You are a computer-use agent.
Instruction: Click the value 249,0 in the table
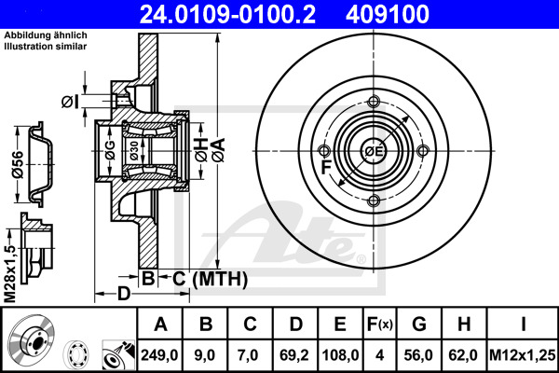tap(160, 355)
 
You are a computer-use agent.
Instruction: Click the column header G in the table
tap(420, 325)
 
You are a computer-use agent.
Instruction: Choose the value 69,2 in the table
tap(295, 355)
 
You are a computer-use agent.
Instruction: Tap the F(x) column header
tap(380, 325)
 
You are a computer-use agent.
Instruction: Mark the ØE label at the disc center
tap(374, 152)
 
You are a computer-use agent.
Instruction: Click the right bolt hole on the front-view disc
tap(423, 151)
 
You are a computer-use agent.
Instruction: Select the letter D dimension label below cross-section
tap(124, 295)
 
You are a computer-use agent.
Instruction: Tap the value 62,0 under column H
tap(462, 355)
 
